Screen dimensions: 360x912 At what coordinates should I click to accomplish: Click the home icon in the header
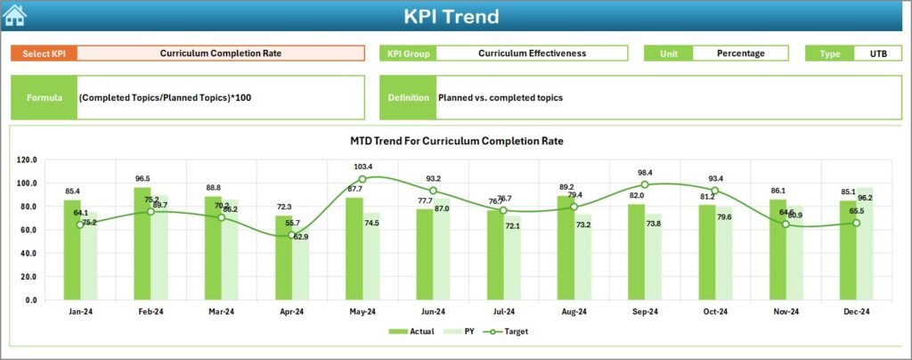point(15,15)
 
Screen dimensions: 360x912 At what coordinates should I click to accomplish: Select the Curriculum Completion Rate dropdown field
point(221,53)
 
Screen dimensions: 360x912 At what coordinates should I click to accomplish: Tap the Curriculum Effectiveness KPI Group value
point(532,53)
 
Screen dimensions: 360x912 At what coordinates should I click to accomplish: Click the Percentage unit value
point(740,53)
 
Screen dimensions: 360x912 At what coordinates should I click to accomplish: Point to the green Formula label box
point(44,97)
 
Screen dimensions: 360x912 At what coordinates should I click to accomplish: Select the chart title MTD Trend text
point(457,141)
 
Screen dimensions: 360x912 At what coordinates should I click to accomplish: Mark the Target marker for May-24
point(362,179)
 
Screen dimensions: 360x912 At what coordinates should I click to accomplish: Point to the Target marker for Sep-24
point(645,184)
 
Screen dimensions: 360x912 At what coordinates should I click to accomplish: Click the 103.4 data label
point(362,167)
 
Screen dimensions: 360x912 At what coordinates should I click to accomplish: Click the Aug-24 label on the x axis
point(574,313)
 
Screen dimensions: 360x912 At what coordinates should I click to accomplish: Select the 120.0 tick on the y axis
point(27,160)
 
